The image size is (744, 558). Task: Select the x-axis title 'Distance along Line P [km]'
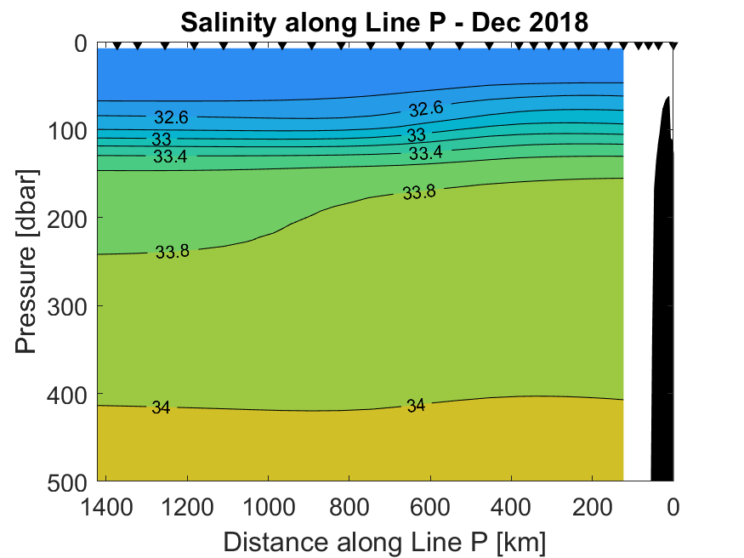384,540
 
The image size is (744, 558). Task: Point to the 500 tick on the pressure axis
67,481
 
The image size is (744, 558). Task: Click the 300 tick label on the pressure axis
67,305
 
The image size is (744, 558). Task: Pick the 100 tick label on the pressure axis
67,130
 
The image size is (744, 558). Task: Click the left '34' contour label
161,407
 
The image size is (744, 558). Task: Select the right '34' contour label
415,406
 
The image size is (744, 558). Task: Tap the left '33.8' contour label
173,252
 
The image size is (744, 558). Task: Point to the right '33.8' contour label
419,193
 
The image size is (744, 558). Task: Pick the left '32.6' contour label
171,117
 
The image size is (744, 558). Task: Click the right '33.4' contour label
426,153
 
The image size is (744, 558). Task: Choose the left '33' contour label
162,139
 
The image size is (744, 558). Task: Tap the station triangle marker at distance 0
673,46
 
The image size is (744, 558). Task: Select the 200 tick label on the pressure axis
67,218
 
